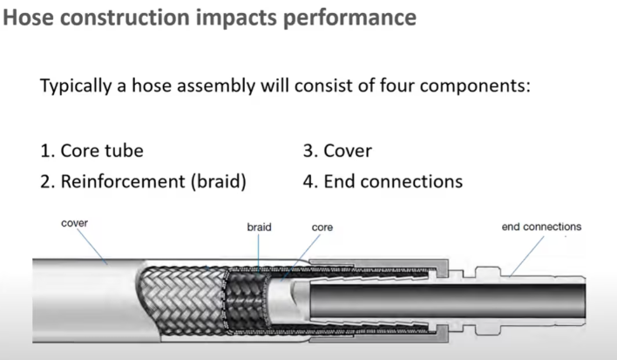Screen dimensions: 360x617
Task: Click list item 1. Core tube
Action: (92, 150)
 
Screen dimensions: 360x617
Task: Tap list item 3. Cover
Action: (337, 150)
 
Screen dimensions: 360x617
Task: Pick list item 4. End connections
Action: (383, 181)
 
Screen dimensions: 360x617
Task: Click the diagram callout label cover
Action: (74, 223)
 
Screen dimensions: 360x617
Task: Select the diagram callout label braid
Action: (259, 227)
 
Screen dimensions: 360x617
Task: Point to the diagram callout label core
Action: (322, 227)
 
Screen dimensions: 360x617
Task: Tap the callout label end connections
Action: (541, 227)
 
